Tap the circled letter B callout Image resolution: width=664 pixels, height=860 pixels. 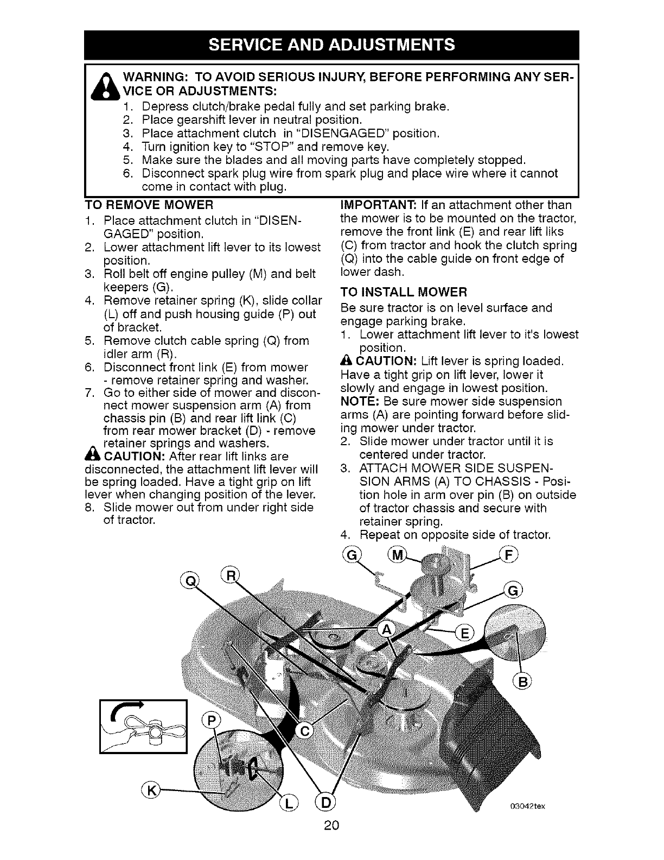coord(521,682)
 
